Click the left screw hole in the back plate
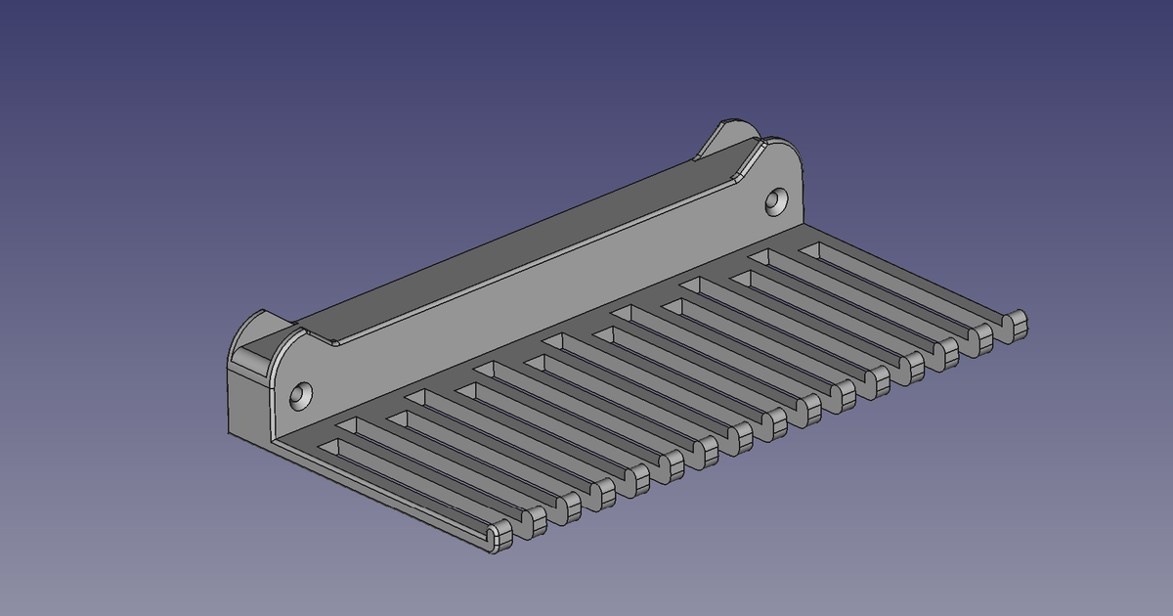click(301, 396)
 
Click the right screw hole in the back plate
click(777, 201)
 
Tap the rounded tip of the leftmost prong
click(500, 537)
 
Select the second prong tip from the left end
click(534, 522)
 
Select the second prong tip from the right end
click(981, 338)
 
